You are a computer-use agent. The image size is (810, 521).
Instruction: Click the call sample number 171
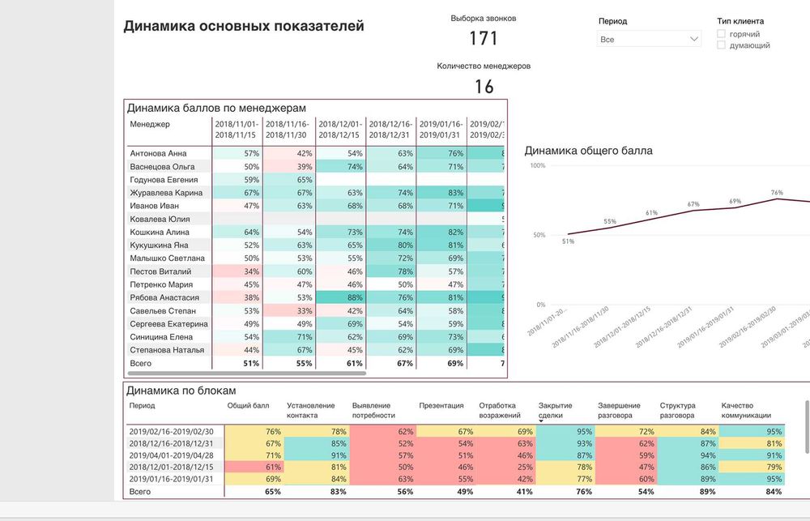484,38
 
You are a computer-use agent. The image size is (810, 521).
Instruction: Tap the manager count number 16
484,87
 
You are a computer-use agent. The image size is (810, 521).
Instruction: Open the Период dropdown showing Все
649,39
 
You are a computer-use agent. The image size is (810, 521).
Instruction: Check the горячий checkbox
721,34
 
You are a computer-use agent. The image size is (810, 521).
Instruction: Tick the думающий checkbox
721,45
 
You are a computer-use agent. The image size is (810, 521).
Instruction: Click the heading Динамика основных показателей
244,26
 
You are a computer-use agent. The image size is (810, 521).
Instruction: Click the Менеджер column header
150,124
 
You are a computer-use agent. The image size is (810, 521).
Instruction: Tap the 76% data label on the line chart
777,193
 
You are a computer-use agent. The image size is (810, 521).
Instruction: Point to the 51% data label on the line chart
568,241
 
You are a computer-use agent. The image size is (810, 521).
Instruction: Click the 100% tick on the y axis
536,165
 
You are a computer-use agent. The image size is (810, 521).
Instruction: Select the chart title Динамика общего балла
588,151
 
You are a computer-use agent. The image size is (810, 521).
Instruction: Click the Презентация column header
441,406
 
